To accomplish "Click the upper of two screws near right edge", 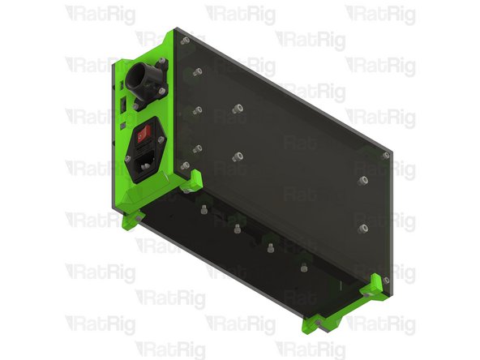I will (x=363, y=179).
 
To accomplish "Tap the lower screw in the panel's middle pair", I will (x=238, y=156).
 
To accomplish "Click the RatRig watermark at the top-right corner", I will (x=380, y=14).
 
